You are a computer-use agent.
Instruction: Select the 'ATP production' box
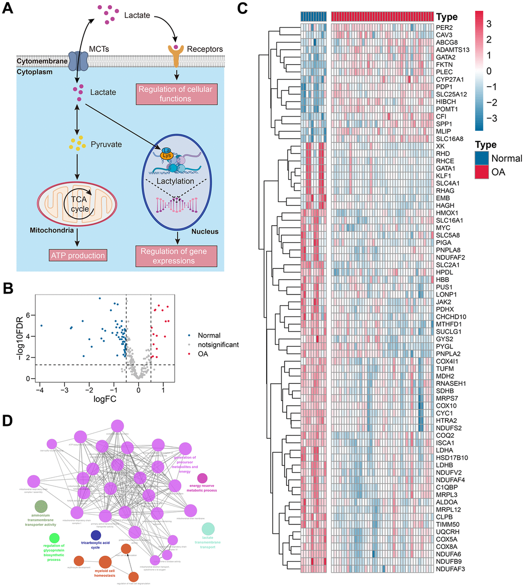[x=77, y=255]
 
